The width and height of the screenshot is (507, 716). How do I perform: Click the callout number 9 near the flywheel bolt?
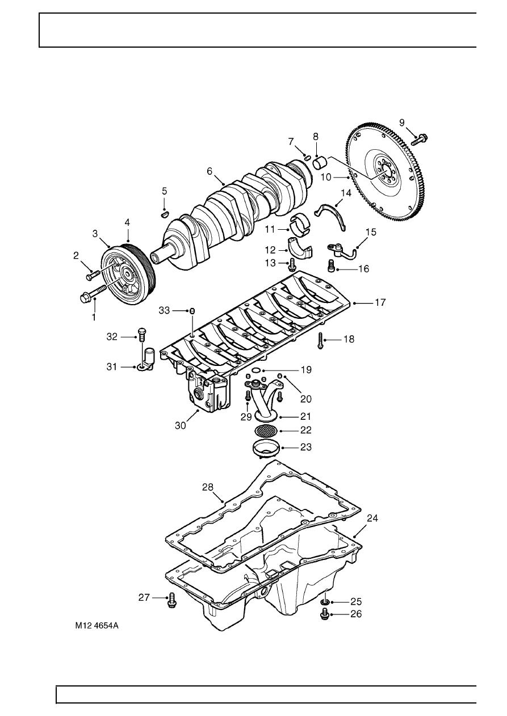point(403,122)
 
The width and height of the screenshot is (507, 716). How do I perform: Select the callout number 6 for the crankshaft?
point(209,171)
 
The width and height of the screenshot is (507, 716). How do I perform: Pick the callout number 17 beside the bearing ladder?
point(380,303)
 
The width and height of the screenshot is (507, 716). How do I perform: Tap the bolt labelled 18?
point(320,339)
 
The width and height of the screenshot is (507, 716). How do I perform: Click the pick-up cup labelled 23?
point(265,448)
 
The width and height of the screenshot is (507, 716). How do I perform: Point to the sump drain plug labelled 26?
point(325,614)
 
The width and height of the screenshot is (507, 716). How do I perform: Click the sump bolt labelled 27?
point(170,600)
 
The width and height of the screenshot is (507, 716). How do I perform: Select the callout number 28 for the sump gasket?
point(208,487)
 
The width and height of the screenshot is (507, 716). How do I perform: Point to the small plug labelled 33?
point(192,311)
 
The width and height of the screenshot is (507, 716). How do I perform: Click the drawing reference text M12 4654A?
point(100,627)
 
